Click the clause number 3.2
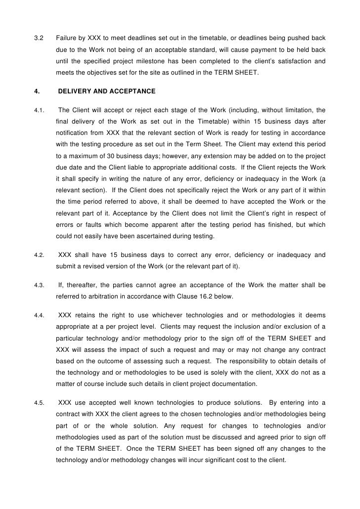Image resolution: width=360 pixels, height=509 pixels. tap(38, 38)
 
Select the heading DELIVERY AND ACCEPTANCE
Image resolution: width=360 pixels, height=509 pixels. tap(107, 91)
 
